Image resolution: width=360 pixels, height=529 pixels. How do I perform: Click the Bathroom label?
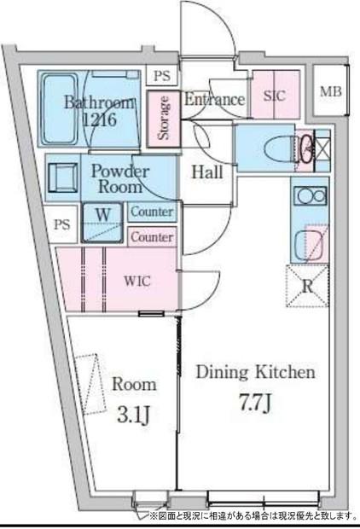tap(98, 102)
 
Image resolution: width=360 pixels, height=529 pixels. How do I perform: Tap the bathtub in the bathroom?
tap(60, 108)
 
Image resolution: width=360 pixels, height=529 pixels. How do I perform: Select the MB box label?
tap(331, 91)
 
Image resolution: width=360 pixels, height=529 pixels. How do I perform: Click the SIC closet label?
tap(275, 96)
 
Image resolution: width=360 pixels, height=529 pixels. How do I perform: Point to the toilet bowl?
tap(278, 148)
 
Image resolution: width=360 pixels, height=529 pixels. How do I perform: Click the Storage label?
tap(164, 118)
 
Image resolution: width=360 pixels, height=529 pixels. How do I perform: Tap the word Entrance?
tap(215, 99)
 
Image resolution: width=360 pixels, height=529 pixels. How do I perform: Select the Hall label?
tap(207, 172)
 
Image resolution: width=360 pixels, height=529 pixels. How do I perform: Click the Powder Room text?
tap(120, 178)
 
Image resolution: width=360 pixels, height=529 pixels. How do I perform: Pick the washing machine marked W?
tap(102, 222)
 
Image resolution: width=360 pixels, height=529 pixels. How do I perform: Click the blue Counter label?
tap(152, 212)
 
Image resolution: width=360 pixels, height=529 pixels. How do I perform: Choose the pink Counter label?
tap(152, 237)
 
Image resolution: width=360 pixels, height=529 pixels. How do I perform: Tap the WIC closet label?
tap(136, 281)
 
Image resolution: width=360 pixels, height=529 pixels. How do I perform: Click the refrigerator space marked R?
tap(307, 286)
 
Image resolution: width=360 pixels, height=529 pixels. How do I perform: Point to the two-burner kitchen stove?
tap(310, 195)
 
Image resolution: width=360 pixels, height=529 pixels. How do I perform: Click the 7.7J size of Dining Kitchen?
tap(255, 404)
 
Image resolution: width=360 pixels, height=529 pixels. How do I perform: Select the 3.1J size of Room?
tap(134, 415)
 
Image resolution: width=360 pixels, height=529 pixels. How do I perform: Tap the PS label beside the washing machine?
tap(62, 224)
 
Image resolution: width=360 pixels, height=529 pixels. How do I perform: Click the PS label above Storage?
tap(162, 76)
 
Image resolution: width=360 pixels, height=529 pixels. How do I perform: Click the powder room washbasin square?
tap(63, 177)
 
